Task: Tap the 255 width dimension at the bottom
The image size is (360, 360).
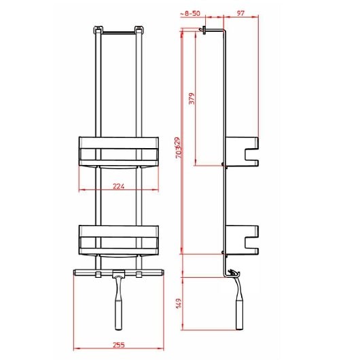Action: (x=120, y=344)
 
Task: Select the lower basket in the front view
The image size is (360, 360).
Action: (x=120, y=239)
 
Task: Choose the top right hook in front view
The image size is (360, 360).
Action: (x=140, y=30)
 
